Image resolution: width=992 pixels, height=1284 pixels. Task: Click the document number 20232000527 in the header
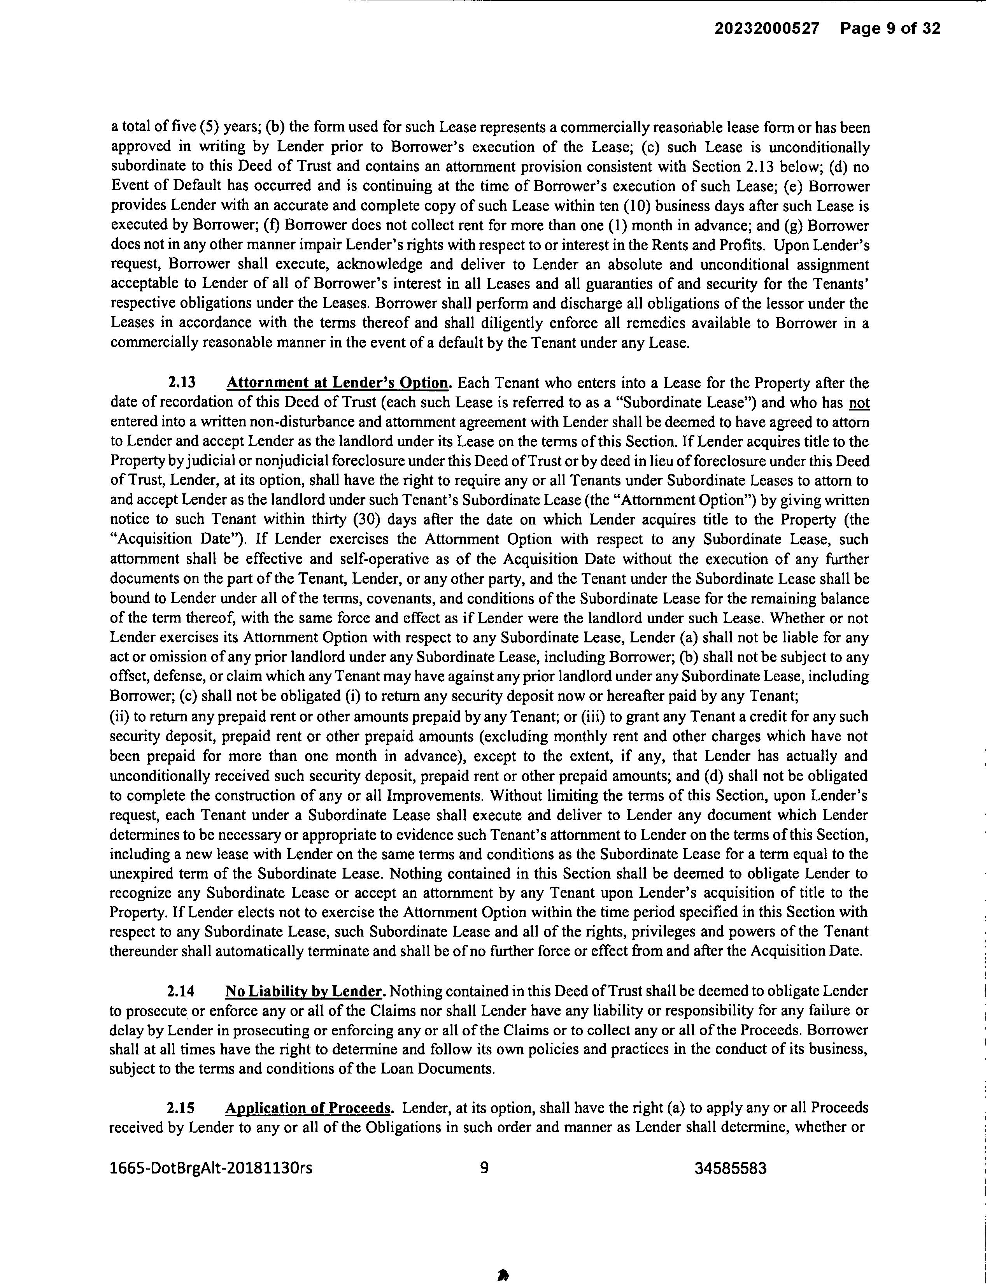click(x=766, y=28)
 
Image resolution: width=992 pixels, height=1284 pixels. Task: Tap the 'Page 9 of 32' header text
click(x=890, y=28)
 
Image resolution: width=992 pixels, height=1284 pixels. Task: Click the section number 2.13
click(x=182, y=383)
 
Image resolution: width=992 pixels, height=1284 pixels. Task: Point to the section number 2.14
click(x=181, y=991)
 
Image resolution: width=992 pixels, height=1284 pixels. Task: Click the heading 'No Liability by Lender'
click(x=305, y=991)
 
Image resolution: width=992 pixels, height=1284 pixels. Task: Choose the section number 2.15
click(x=181, y=1108)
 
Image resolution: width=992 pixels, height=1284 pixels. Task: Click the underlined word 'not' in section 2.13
click(x=859, y=403)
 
